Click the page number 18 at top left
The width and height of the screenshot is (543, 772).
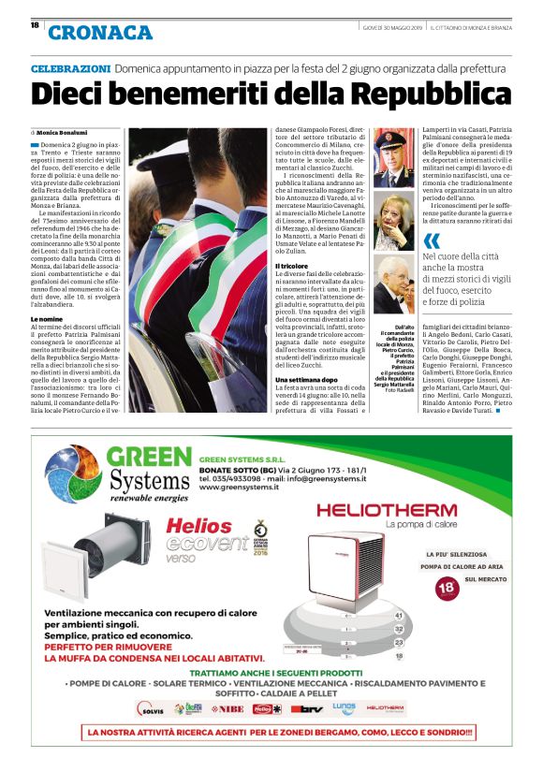[x=35, y=25]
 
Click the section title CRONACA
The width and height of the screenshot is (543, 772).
[x=100, y=33]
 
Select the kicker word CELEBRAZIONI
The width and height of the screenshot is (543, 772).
[x=70, y=69]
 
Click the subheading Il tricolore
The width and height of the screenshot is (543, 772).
[x=293, y=267]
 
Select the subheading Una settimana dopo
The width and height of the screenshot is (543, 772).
[x=307, y=379]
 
